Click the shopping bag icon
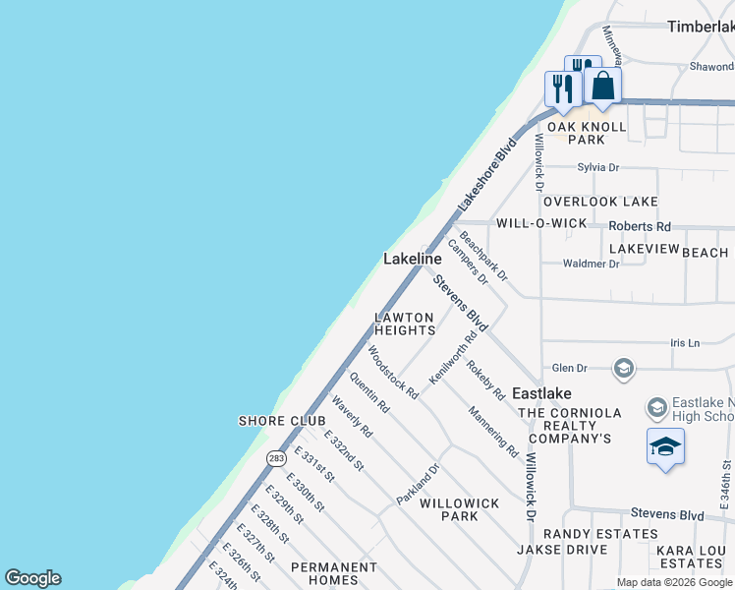coord(602,86)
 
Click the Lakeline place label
coord(412,259)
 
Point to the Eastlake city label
coord(541,392)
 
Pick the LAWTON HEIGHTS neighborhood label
coord(404,324)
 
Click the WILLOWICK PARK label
coord(459,509)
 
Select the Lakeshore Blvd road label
coord(487,176)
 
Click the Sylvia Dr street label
coord(598,168)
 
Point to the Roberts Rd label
coord(639,226)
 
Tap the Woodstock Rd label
coord(392,371)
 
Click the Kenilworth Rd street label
coord(453,357)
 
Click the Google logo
coord(33,578)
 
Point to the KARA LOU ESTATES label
coord(692,556)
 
